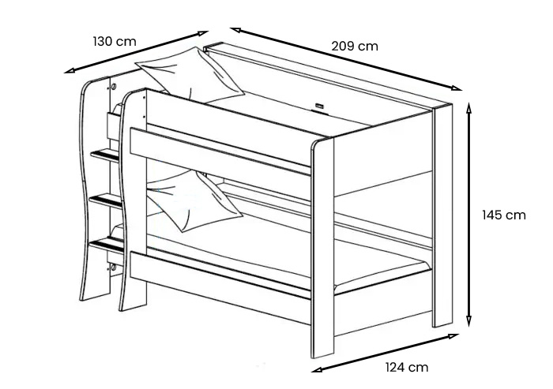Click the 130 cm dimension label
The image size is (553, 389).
(x=115, y=41)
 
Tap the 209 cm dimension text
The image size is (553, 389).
(x=354, y=46)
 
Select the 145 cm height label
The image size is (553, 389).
(x=503, y=215)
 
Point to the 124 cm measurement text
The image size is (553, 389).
(x=407, y=367)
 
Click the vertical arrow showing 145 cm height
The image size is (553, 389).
(x=469, y=215)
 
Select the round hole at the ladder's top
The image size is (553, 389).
(x=114, y=85)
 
